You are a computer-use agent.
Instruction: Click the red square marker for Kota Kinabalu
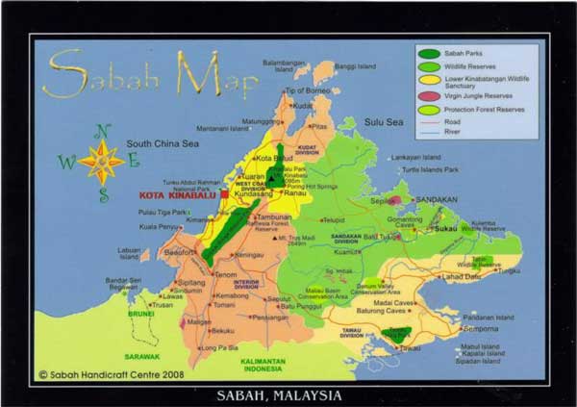(x=224, y=193)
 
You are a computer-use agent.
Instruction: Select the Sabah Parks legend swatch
(x=429, y=53)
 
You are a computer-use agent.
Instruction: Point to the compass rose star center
(x=102, y=161)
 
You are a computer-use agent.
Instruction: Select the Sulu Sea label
(x=383, y=122)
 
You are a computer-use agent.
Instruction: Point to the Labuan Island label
(x=129, y=253)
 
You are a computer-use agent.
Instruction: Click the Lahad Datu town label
(x=460, y=276)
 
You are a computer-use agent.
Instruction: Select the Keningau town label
(x=249, y=255)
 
